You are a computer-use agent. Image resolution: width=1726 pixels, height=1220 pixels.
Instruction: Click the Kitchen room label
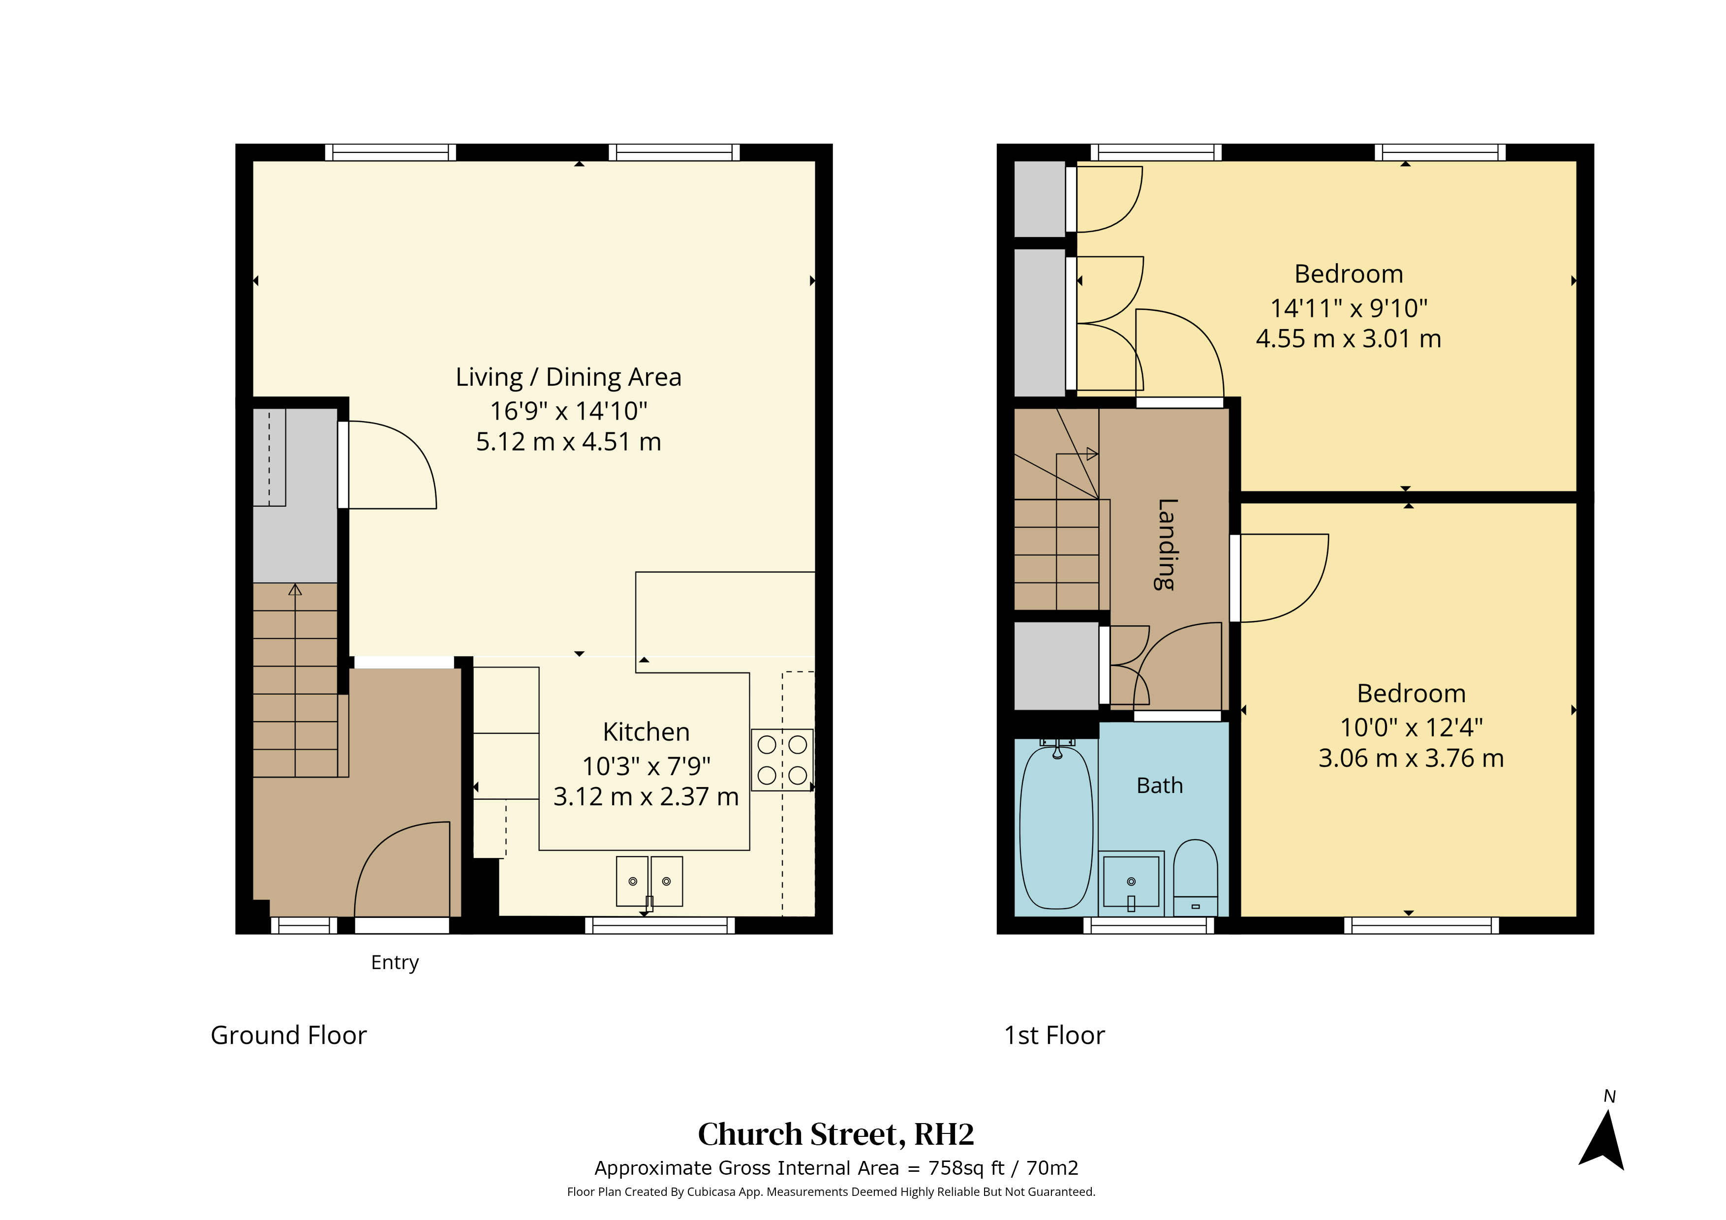tap(646, 732)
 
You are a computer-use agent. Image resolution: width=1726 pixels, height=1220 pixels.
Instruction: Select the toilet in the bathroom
tap(1195, 877)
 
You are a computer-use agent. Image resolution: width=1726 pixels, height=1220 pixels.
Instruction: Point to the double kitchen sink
tap(649, 881)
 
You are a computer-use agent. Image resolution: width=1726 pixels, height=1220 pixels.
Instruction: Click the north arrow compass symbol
tap(1603, 1140)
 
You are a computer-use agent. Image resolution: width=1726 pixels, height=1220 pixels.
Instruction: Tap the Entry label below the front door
tap(395, 963)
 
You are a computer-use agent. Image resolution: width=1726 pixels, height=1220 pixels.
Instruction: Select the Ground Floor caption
tap(289, 1035)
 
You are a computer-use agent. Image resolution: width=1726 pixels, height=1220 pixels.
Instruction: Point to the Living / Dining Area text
tap(568, 377)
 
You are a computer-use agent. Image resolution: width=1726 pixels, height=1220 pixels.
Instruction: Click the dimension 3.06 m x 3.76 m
tap(1411, 758)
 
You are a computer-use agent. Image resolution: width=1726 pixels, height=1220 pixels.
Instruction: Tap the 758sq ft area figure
tap(966, 1168)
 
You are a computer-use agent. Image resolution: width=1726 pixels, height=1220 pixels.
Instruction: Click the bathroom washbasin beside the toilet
tap(1131, 883)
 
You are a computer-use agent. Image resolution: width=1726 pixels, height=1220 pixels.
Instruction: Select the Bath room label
tap(1159, 786)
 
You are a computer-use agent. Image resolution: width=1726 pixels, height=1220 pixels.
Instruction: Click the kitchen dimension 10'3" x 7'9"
tap(646, 766)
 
